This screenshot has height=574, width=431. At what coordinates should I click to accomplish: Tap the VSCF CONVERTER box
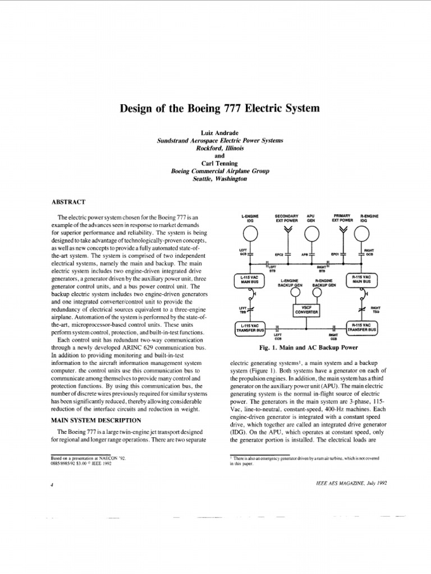click(x=306, y=311)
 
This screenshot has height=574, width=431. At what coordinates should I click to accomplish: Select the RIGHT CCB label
click(x=334, y=337)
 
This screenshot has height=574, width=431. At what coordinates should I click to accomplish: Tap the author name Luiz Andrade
click(x=215, y=132)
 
